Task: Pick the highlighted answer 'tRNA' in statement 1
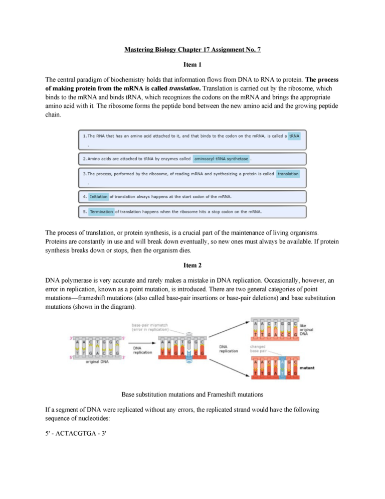pos(294,136)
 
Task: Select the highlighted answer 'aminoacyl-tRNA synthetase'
pos(221,159)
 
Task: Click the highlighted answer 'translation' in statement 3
pos(288,174)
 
